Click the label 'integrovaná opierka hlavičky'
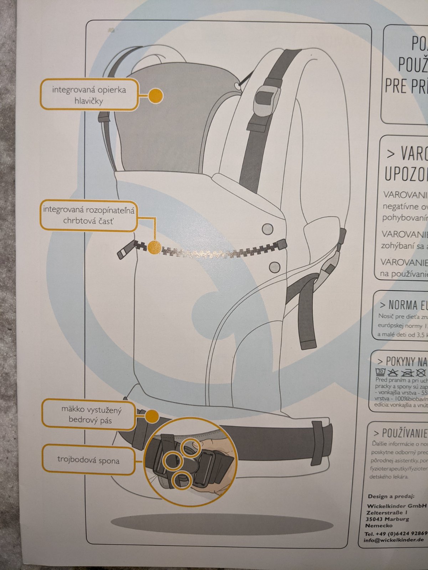(x=88, y=95)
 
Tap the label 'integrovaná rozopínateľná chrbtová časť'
(x=88, y=215)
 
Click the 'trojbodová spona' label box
(x=88, y=460)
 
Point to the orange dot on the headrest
(x=156, y=95)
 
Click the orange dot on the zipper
(x=154, y=248)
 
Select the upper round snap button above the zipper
(x=267, y=228)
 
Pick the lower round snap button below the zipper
(x=274, y=266)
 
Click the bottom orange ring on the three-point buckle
(x=180, y=480)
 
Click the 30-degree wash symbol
(x=381, y=372)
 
